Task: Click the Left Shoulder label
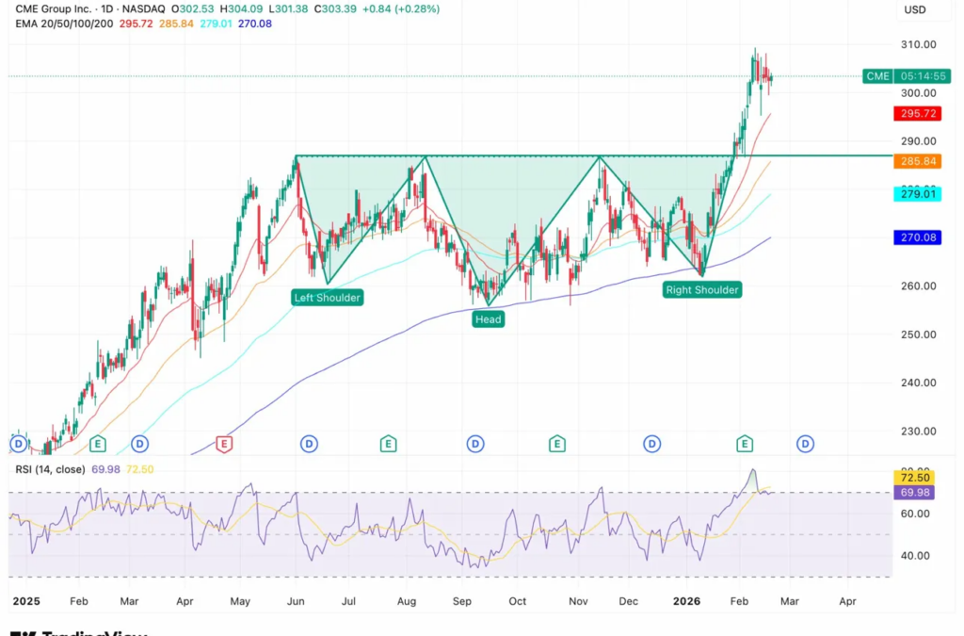(x=327, y=297)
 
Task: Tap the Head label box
(x=488, y=319)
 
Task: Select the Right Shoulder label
(x=702, y=290)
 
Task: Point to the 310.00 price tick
(x=919, y=44)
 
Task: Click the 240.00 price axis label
(x=919, y=383)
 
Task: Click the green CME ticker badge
(x=877, y=76)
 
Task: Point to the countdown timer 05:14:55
(x=923, y=76)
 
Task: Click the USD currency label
(x=915, y=9)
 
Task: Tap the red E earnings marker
(x=224, y=444)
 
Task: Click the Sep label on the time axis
(x=461, y=600)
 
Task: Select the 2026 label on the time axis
(x=687, y=600)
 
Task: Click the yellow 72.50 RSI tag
(x=914, y=479)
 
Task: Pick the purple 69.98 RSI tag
(x=914, y=493)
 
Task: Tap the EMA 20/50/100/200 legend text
(x=64, y=23)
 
